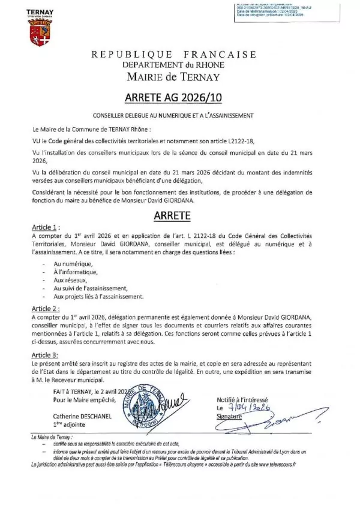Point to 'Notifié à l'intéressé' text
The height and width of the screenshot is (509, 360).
pos(243,399)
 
